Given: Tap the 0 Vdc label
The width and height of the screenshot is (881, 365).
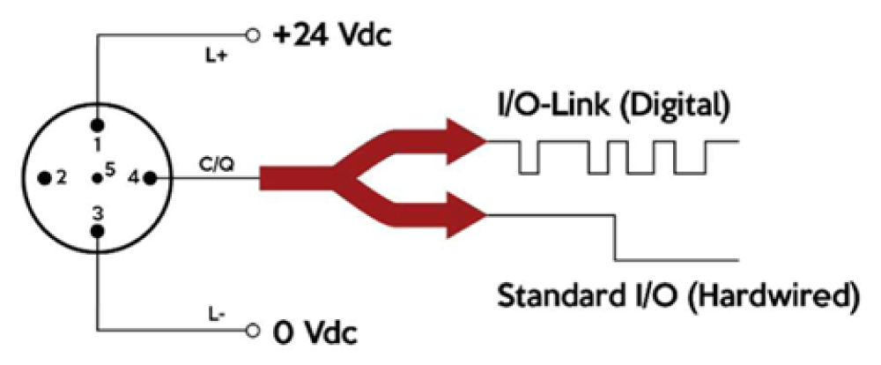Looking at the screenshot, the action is pyautogui.click(x=315, y=335).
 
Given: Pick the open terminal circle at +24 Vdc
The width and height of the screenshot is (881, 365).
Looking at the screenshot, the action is pyautogui.click(x=254, y=36).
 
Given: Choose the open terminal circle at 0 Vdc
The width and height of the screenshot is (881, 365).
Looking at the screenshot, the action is pyautogui.click(x=254, y=330).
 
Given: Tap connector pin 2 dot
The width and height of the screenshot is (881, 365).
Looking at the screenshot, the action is pyautogui.click(x=44, y=179).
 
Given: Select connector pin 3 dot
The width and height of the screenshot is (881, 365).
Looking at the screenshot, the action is pyautogui.click(x=98, y=231).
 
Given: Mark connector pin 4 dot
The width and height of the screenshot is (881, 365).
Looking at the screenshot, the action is pyautogui.click(x=150, y=179).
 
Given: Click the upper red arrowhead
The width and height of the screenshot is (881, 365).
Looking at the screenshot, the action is pyautogui.click(x=466, y=141).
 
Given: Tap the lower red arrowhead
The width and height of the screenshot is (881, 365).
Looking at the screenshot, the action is pyautogui.click(x=466, y=215).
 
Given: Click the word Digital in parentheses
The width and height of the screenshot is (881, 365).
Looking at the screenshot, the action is pyautogui.click(x=668, y=107).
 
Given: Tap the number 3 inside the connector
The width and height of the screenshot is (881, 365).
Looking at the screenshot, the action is pyautogui.click(x=98, y=213).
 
